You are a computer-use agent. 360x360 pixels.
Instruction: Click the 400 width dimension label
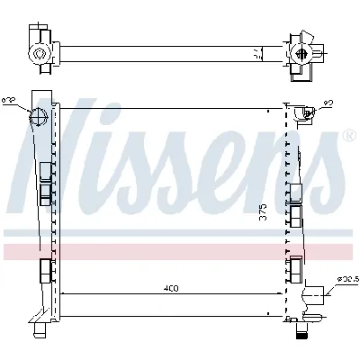point(171,288)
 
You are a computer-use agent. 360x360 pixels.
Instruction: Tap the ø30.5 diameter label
point(348,280)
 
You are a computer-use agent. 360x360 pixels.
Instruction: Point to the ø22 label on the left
point(7,101)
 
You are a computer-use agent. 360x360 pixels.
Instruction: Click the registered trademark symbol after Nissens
point(348,137)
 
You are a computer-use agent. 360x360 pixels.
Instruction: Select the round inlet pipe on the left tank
point(39,117)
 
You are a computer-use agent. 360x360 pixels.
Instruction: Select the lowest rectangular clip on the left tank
point(45,269)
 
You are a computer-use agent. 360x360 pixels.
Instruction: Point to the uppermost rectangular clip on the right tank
point(293,191)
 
